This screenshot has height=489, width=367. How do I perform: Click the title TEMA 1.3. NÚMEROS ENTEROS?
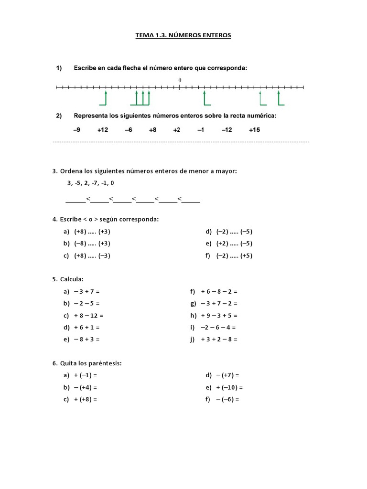point(183,35)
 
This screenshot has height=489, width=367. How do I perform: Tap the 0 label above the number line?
point(180,80)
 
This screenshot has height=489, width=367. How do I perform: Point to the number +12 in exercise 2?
point(103,130)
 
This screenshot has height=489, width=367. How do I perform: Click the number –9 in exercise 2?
point(76,130)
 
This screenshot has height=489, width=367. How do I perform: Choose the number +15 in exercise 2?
point(254,130)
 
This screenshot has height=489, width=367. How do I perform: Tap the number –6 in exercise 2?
point(129,130)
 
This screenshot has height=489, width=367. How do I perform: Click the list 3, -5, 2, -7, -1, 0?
point(91,183)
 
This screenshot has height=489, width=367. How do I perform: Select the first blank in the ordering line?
point(75,200)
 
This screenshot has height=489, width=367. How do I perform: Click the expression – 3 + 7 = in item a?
point(86,291)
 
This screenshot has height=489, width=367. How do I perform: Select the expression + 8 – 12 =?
point(88,315)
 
